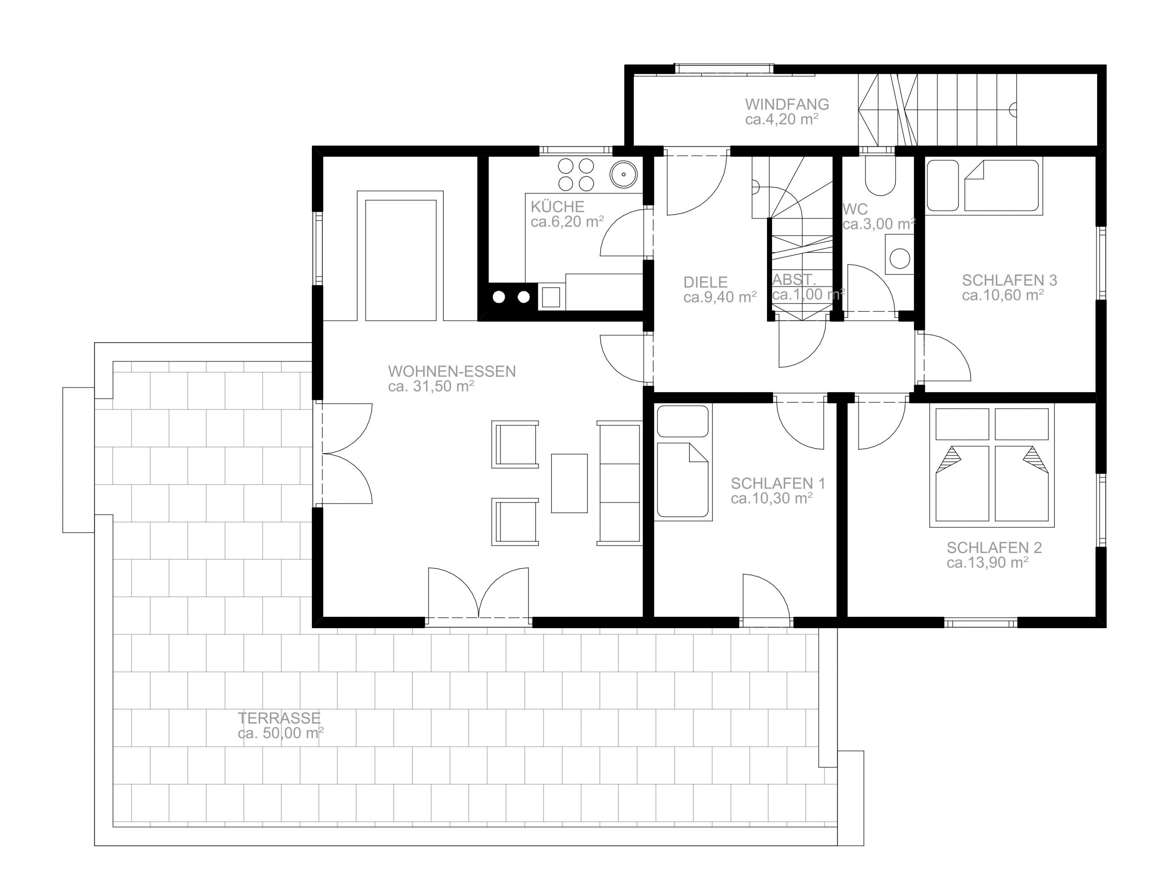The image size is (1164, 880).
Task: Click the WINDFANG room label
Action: pos(787,104)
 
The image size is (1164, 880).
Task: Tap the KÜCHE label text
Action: pos(557,206)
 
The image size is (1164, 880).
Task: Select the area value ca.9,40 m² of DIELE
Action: pos(720,297)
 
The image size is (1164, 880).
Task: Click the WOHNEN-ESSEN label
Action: pos(452,371)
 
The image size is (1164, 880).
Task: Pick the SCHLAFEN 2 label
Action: pos(994,548)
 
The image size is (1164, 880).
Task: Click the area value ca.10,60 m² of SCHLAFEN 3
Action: pos(1003,295)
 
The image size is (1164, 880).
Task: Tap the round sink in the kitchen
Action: pos(623,174)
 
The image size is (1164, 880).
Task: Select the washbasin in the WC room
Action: pos(900,255)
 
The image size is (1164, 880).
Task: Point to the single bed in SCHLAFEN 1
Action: pos(682,462)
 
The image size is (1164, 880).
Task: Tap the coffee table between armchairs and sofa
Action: pos(569,483)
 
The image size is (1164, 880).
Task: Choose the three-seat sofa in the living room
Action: pos(619,483)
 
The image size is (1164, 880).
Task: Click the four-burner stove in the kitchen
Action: pos(576,175)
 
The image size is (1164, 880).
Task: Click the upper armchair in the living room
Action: pos(515,445)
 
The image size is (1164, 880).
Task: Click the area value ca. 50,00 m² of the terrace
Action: pos(281,733)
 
